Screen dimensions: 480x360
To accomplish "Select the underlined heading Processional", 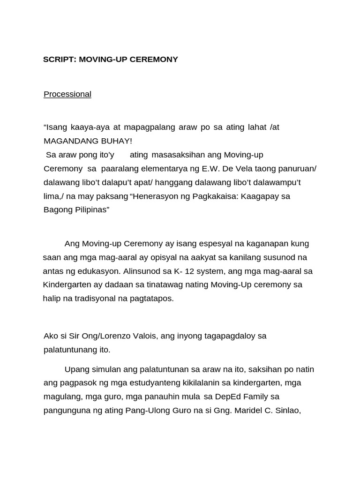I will coord(67,94).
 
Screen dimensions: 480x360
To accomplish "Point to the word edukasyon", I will coord(99,271).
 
